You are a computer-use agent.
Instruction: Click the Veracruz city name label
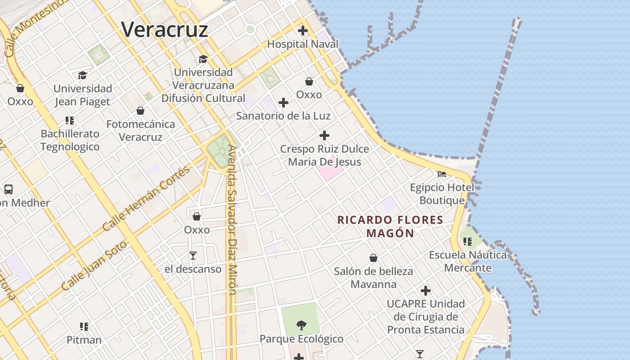165,30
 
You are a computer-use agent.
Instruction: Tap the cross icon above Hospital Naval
303,31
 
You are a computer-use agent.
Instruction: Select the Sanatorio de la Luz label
283,116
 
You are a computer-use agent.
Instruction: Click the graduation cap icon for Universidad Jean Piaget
82,75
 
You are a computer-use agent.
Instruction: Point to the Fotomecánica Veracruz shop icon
140,110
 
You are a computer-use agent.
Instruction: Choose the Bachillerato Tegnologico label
70,140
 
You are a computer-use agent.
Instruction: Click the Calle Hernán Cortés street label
146,198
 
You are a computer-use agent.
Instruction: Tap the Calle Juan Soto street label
94,265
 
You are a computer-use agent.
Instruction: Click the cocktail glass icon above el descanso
193,256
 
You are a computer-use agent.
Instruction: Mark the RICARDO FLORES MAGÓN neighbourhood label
390,226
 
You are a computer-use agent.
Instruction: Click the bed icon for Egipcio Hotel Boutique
442,174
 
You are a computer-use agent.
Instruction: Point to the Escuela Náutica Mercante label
468,261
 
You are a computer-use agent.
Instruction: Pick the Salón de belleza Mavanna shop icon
373,258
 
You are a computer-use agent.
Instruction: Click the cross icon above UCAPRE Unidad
426,291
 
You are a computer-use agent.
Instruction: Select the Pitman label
84,340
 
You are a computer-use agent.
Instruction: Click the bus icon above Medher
9,189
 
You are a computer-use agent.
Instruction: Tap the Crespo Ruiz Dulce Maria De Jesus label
324,155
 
